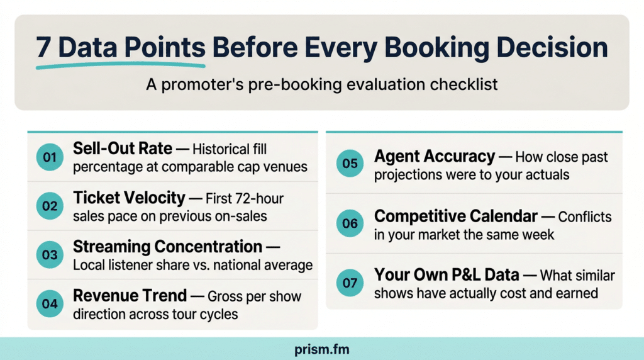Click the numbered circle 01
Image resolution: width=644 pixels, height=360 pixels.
pos(50,157)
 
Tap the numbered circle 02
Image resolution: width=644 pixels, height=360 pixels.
pos(50,206)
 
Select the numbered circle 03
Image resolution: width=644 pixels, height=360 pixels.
pos(50,255)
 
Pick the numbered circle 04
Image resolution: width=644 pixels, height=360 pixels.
pos(50,304)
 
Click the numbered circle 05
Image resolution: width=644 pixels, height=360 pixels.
pos(350,164)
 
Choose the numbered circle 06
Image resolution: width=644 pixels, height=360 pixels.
pos(350,223)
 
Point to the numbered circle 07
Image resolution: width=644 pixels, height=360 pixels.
pos(350,283)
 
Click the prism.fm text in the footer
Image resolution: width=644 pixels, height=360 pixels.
pos(321,349)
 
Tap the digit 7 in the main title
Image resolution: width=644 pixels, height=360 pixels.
pos(43,48)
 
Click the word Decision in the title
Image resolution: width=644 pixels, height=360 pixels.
pos(552,47)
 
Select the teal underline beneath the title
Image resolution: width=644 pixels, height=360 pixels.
pos(120,65)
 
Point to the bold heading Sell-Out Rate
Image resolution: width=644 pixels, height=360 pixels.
pos(123,149)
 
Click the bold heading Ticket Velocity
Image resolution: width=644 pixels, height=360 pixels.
pos(129,198)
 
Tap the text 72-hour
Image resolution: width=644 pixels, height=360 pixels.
pos(258,198)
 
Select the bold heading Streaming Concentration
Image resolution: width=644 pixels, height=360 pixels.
pos(167,247)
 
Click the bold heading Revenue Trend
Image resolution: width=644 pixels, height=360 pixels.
pos(130,295)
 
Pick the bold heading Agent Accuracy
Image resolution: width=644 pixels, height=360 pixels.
pos(435,156)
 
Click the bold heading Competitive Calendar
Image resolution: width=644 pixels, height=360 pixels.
pos(456,216)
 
